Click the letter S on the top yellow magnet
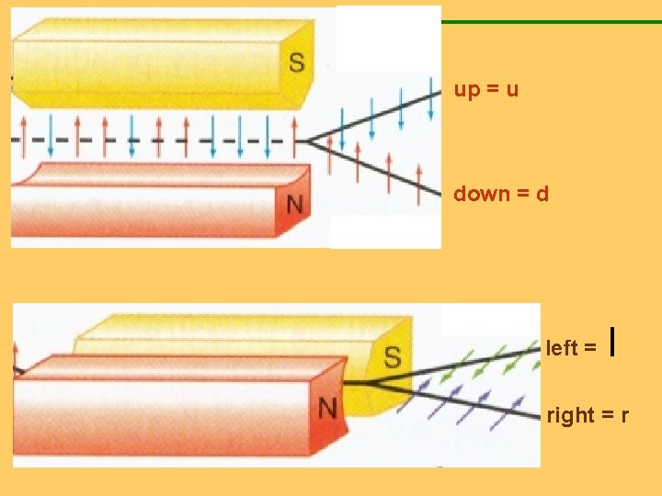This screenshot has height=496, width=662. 297,62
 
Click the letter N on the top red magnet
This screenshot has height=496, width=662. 294,203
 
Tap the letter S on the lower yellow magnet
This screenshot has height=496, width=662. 393,356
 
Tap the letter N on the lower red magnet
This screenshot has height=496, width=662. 327,405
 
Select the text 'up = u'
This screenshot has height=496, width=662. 486,90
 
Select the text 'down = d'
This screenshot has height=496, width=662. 500,194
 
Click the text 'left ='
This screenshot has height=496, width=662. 572,348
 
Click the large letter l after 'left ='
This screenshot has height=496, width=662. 612,344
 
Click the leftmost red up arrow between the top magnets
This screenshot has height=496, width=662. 22,128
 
